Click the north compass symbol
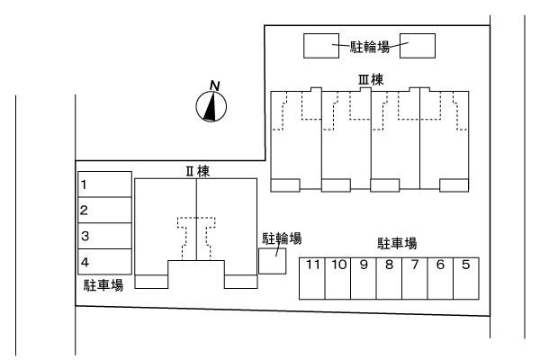211,107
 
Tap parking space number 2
104,210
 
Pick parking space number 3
104,235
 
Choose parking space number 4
104,261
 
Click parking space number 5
466,278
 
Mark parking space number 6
441,278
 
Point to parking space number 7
415,278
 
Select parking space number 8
390,278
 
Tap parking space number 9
364,278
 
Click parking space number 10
338,278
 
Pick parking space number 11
312,278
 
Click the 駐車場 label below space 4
103,284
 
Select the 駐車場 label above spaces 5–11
397,243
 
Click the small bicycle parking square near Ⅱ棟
272,261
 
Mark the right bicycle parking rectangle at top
418,46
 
